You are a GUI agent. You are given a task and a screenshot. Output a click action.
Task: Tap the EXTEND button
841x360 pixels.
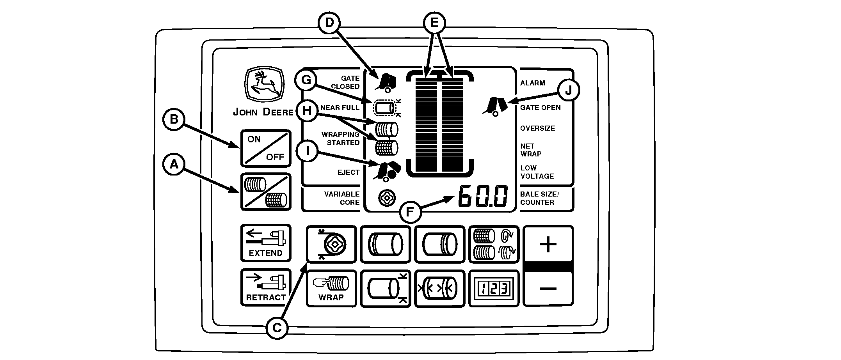pyautogui.click(x=265, y=243)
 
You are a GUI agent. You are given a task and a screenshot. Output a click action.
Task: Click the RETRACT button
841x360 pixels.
pyautogui.click(x=265, y=287)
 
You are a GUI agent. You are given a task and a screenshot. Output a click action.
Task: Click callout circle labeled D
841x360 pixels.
pyautogui.click(x=330, y=23)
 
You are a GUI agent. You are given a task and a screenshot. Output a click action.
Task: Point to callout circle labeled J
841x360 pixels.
pyautogui.click(x=568, y=90)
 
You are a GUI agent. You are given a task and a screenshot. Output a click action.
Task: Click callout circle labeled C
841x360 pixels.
pyautogui.click(x=277, y=328)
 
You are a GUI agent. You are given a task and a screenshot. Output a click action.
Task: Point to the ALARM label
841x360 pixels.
pyautogui.click(x=532, y=83)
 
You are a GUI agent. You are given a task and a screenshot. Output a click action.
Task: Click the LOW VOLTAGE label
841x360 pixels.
pyautogui.click(x=537, y=172)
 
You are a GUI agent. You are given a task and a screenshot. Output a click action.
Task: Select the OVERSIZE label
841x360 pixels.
pyautogui.click(x=537, y=128)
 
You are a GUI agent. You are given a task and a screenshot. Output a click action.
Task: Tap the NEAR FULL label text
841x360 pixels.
pyautogui.click(x=340, y=108)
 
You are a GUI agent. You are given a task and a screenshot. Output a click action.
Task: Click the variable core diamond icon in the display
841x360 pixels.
pyautogui.click(x=387, y=198)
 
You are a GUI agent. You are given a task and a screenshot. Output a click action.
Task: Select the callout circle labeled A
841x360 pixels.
pyautogui.click(x=174, y=165)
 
